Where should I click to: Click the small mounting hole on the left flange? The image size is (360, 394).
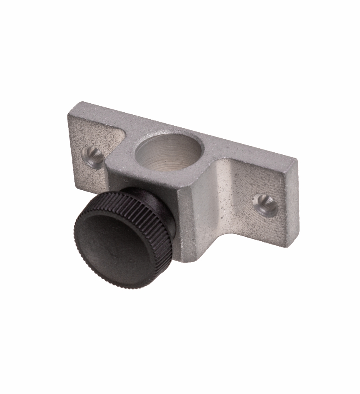[x=92, y=157]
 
